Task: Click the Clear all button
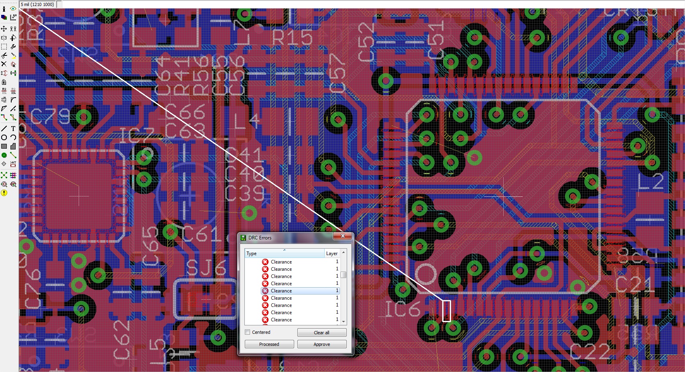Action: click(321, 333)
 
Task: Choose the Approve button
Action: click(321, 344)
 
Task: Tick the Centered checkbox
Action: click(248, 332)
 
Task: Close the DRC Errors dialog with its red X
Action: click(343, 236)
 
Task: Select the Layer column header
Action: click(332, 253)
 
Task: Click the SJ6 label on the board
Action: click(206, 268)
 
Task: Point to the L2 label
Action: click(650, 182)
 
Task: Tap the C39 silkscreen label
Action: click(244, 193)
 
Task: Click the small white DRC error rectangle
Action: click(446, 311)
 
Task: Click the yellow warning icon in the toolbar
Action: click(4, 193)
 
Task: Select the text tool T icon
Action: click(13, 129)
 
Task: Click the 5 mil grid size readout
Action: click(37, 4)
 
